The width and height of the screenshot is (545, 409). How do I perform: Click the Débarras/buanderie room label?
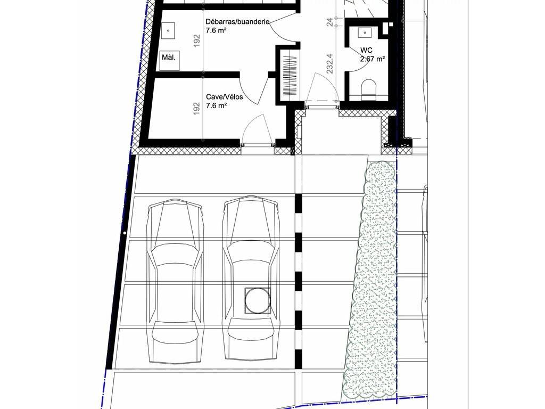(237, 21)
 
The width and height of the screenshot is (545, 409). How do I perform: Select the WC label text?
(366, 51)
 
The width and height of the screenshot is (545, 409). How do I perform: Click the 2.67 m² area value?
(372, 59)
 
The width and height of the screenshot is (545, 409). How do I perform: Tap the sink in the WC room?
(365, 32)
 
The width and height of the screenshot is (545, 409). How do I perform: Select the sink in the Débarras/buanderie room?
(168, 31)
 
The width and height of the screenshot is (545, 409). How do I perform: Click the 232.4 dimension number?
(329, 63)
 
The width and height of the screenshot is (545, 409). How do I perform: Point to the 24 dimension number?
(329, 21)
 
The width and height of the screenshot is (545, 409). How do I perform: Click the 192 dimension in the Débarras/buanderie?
(196, 40)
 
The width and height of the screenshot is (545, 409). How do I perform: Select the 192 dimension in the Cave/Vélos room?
(196, 109)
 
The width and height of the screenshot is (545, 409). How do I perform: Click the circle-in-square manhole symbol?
(258, 301)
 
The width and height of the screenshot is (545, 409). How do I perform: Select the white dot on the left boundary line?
(124, 233)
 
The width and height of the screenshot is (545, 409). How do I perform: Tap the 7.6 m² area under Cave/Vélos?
(216, 105)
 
